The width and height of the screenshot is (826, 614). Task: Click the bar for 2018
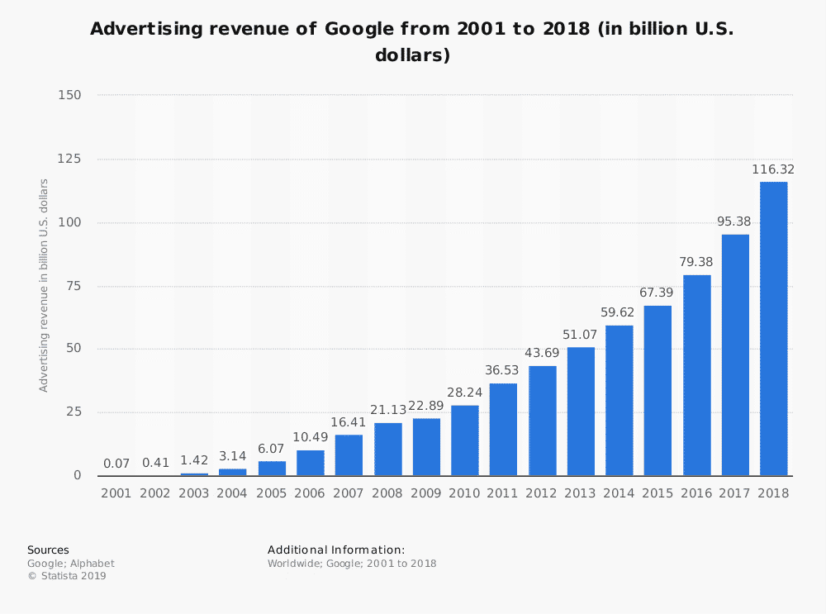773,329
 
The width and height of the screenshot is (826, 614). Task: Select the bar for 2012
542,421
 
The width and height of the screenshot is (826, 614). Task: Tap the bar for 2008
387,449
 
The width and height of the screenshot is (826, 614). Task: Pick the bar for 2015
657,391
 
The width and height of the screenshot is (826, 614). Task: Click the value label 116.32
773,169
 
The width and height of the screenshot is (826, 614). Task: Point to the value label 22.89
426,406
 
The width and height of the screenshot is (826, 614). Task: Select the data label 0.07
116,464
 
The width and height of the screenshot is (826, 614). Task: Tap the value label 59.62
619,313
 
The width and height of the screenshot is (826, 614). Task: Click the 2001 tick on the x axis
116,493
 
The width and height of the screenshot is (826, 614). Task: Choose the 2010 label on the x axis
464,493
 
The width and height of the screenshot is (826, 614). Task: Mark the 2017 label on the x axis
734,493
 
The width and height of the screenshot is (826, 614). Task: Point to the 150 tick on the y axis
69,96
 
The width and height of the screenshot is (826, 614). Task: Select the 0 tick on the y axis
78,476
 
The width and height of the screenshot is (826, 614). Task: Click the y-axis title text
44,285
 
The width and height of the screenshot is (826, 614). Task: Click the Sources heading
48,550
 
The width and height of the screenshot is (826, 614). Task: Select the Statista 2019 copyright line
67,576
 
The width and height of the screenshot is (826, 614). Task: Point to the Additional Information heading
336,550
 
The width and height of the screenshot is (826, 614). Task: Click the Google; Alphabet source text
71,564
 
